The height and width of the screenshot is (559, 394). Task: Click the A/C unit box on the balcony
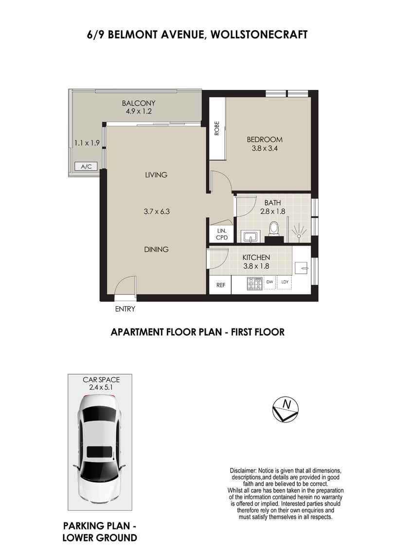(x=86, y=167)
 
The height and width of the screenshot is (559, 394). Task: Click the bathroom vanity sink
(x=251, y=237)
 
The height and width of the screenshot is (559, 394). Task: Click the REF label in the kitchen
(x=220, y=285)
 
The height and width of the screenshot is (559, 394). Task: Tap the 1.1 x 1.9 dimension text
(x=87, y=143)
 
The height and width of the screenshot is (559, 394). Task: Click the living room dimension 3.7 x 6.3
(x=156, y=211)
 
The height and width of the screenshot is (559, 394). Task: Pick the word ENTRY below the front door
(x=125, y=309)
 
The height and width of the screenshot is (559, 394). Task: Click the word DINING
(x=156, y=249)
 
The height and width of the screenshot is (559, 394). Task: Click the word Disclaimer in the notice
(x=243, y=471)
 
